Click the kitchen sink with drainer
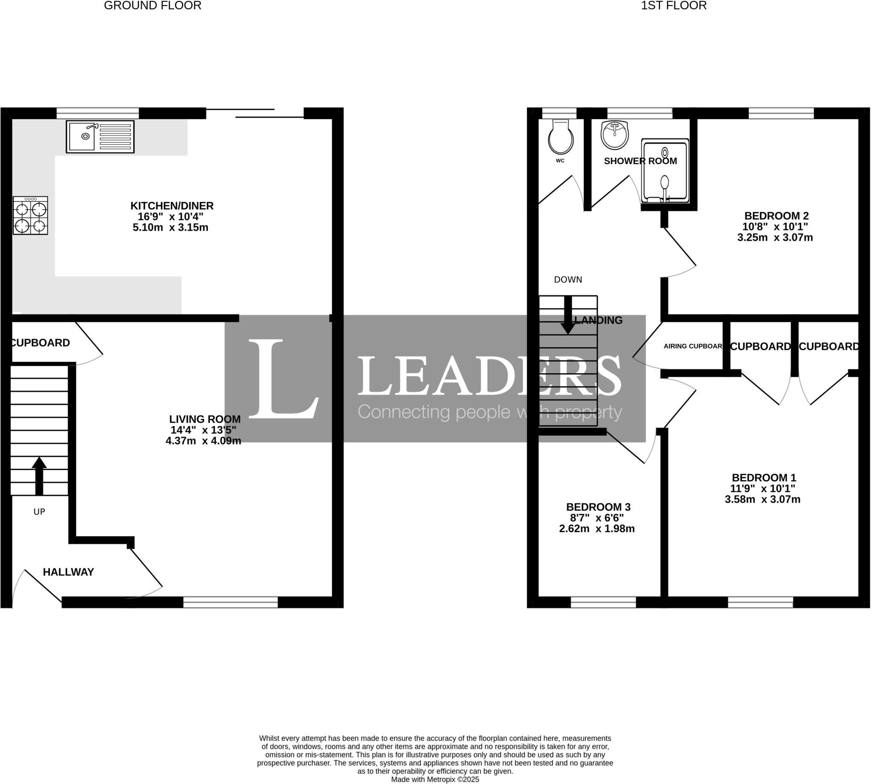coord(100,136)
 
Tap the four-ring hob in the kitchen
coord(30,215)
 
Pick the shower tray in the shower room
coord(665,170)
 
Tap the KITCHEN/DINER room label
coord(172,206)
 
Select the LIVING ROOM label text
coord(204,419)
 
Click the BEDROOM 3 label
coord(598,507)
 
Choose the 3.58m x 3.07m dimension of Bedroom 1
coord(762,500)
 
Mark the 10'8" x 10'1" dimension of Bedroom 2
coord(775,227)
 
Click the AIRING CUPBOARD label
coord(692,346)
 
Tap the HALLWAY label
coord(69,572)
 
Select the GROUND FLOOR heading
coord(152,6)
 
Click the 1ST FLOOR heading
coord(674,6)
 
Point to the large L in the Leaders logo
coord(283,379)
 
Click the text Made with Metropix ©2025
coord(435,779)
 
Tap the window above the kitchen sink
coord(98,113)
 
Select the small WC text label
coord(560,161)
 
